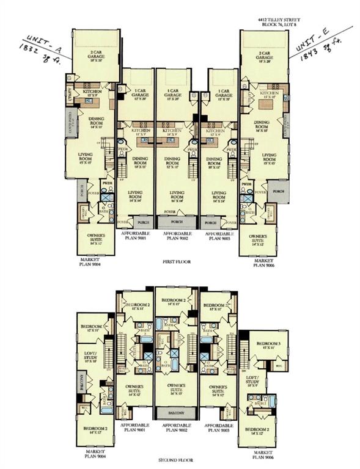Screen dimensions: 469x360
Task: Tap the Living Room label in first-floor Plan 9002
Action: point(177,195)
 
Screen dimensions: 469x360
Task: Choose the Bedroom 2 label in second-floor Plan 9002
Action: point(176,302)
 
